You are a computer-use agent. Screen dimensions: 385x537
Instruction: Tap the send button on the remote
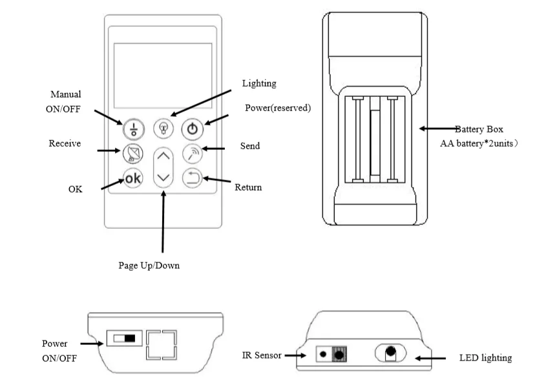pos(193,153)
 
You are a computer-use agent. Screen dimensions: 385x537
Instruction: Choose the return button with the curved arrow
pos(193,178)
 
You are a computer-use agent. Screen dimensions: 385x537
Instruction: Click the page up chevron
pos(164,156)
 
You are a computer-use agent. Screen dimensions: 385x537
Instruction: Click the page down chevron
pos(164,177)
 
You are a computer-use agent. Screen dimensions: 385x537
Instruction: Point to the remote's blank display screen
pos(163,75)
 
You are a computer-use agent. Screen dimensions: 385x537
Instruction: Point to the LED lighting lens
pos(390,353)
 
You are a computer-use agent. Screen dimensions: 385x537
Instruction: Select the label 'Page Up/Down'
pos(149,265)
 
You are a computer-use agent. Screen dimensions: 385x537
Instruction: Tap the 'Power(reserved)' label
pos(277,108)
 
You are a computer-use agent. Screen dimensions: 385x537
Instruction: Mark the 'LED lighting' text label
pos(485,357)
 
